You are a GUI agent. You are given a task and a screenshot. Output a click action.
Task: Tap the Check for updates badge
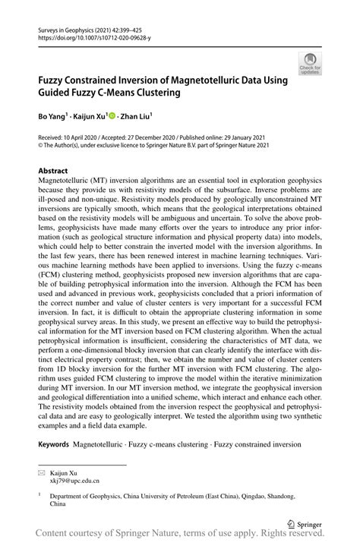[310, 63]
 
